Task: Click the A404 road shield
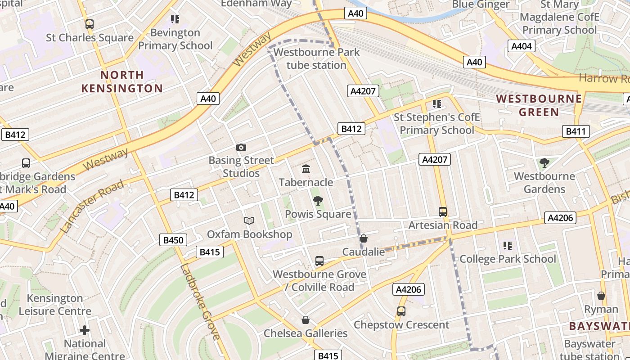click(522, 46)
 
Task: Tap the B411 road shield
click(576, 131)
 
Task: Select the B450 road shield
click(173, 240)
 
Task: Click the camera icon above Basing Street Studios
click(241, 147)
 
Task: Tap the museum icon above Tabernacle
click(306, 169)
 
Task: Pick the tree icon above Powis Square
click(318, 201)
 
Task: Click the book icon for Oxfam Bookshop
click(249, 220)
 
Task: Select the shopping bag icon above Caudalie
click(364, 238)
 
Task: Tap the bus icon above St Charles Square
click(90, 24)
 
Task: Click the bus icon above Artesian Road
click(443, 211)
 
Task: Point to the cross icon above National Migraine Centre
click(85, 330)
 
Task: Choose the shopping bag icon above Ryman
click(601, 296)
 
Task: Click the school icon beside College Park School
click(508, 246)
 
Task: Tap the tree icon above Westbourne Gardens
click(544, 162)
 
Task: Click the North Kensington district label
click(122, 81)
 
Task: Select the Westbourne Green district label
click(539, 105)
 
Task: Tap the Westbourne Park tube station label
click(316, 58)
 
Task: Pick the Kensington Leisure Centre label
click(55, 305)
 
